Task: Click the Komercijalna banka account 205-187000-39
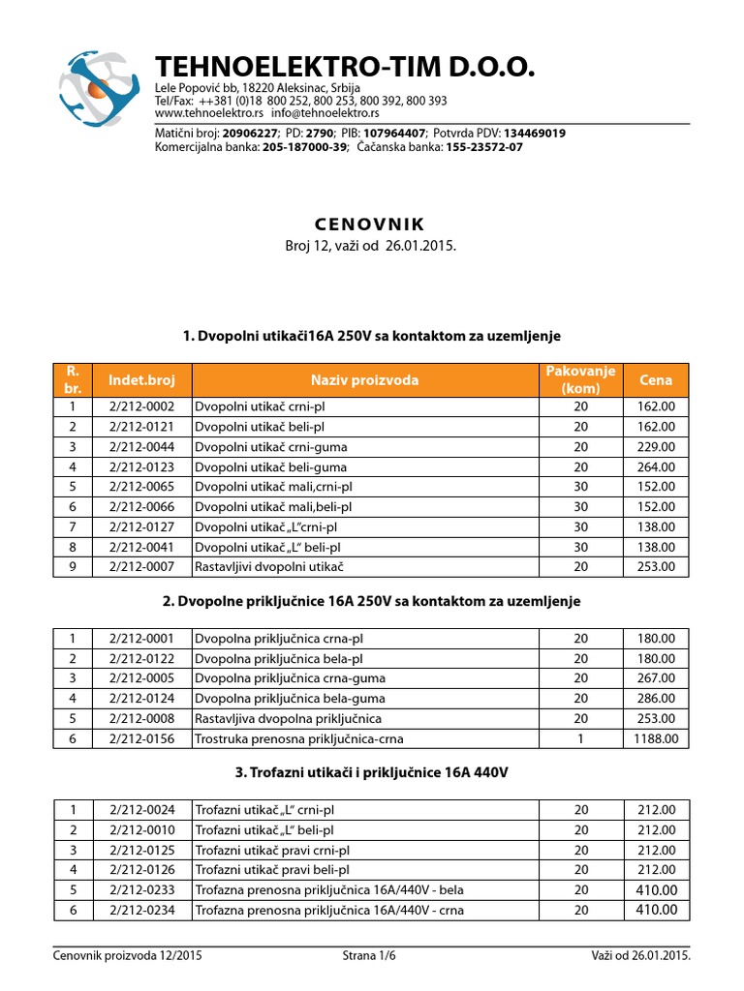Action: [305, 147]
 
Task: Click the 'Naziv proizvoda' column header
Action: [365, 380]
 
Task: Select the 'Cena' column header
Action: [656, 380]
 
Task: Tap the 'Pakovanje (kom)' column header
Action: [581, 380]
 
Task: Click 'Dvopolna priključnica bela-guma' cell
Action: [291, 698]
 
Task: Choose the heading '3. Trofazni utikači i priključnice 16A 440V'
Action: [372, 773]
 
